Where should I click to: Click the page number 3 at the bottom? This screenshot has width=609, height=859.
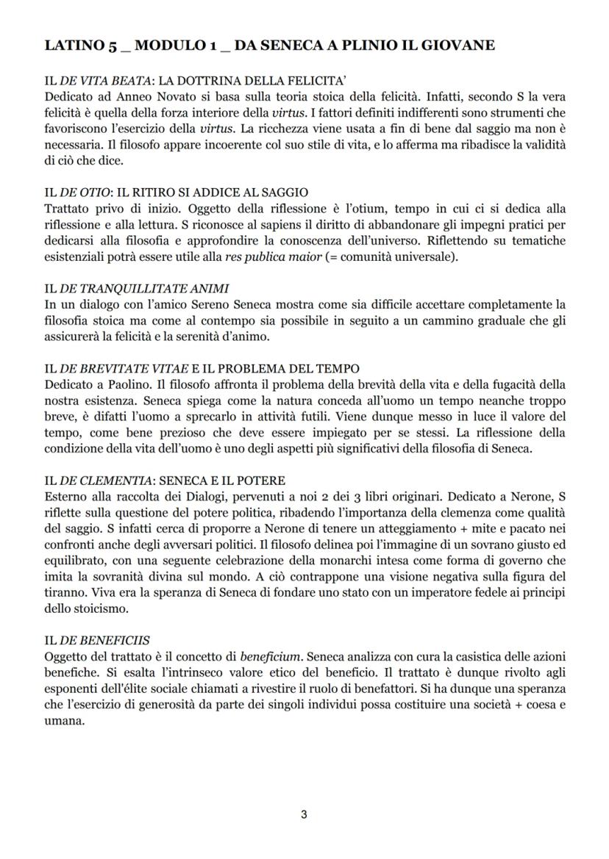(304, 814)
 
